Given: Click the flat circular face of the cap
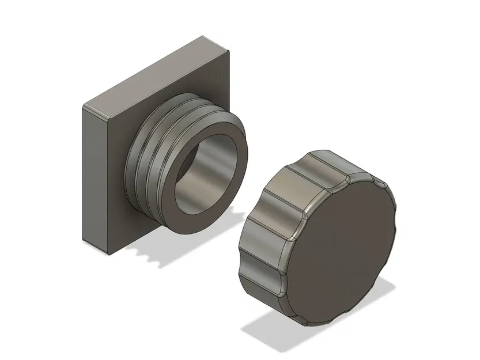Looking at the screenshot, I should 341,253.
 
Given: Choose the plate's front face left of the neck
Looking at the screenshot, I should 109,173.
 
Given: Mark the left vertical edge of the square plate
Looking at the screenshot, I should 85,173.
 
